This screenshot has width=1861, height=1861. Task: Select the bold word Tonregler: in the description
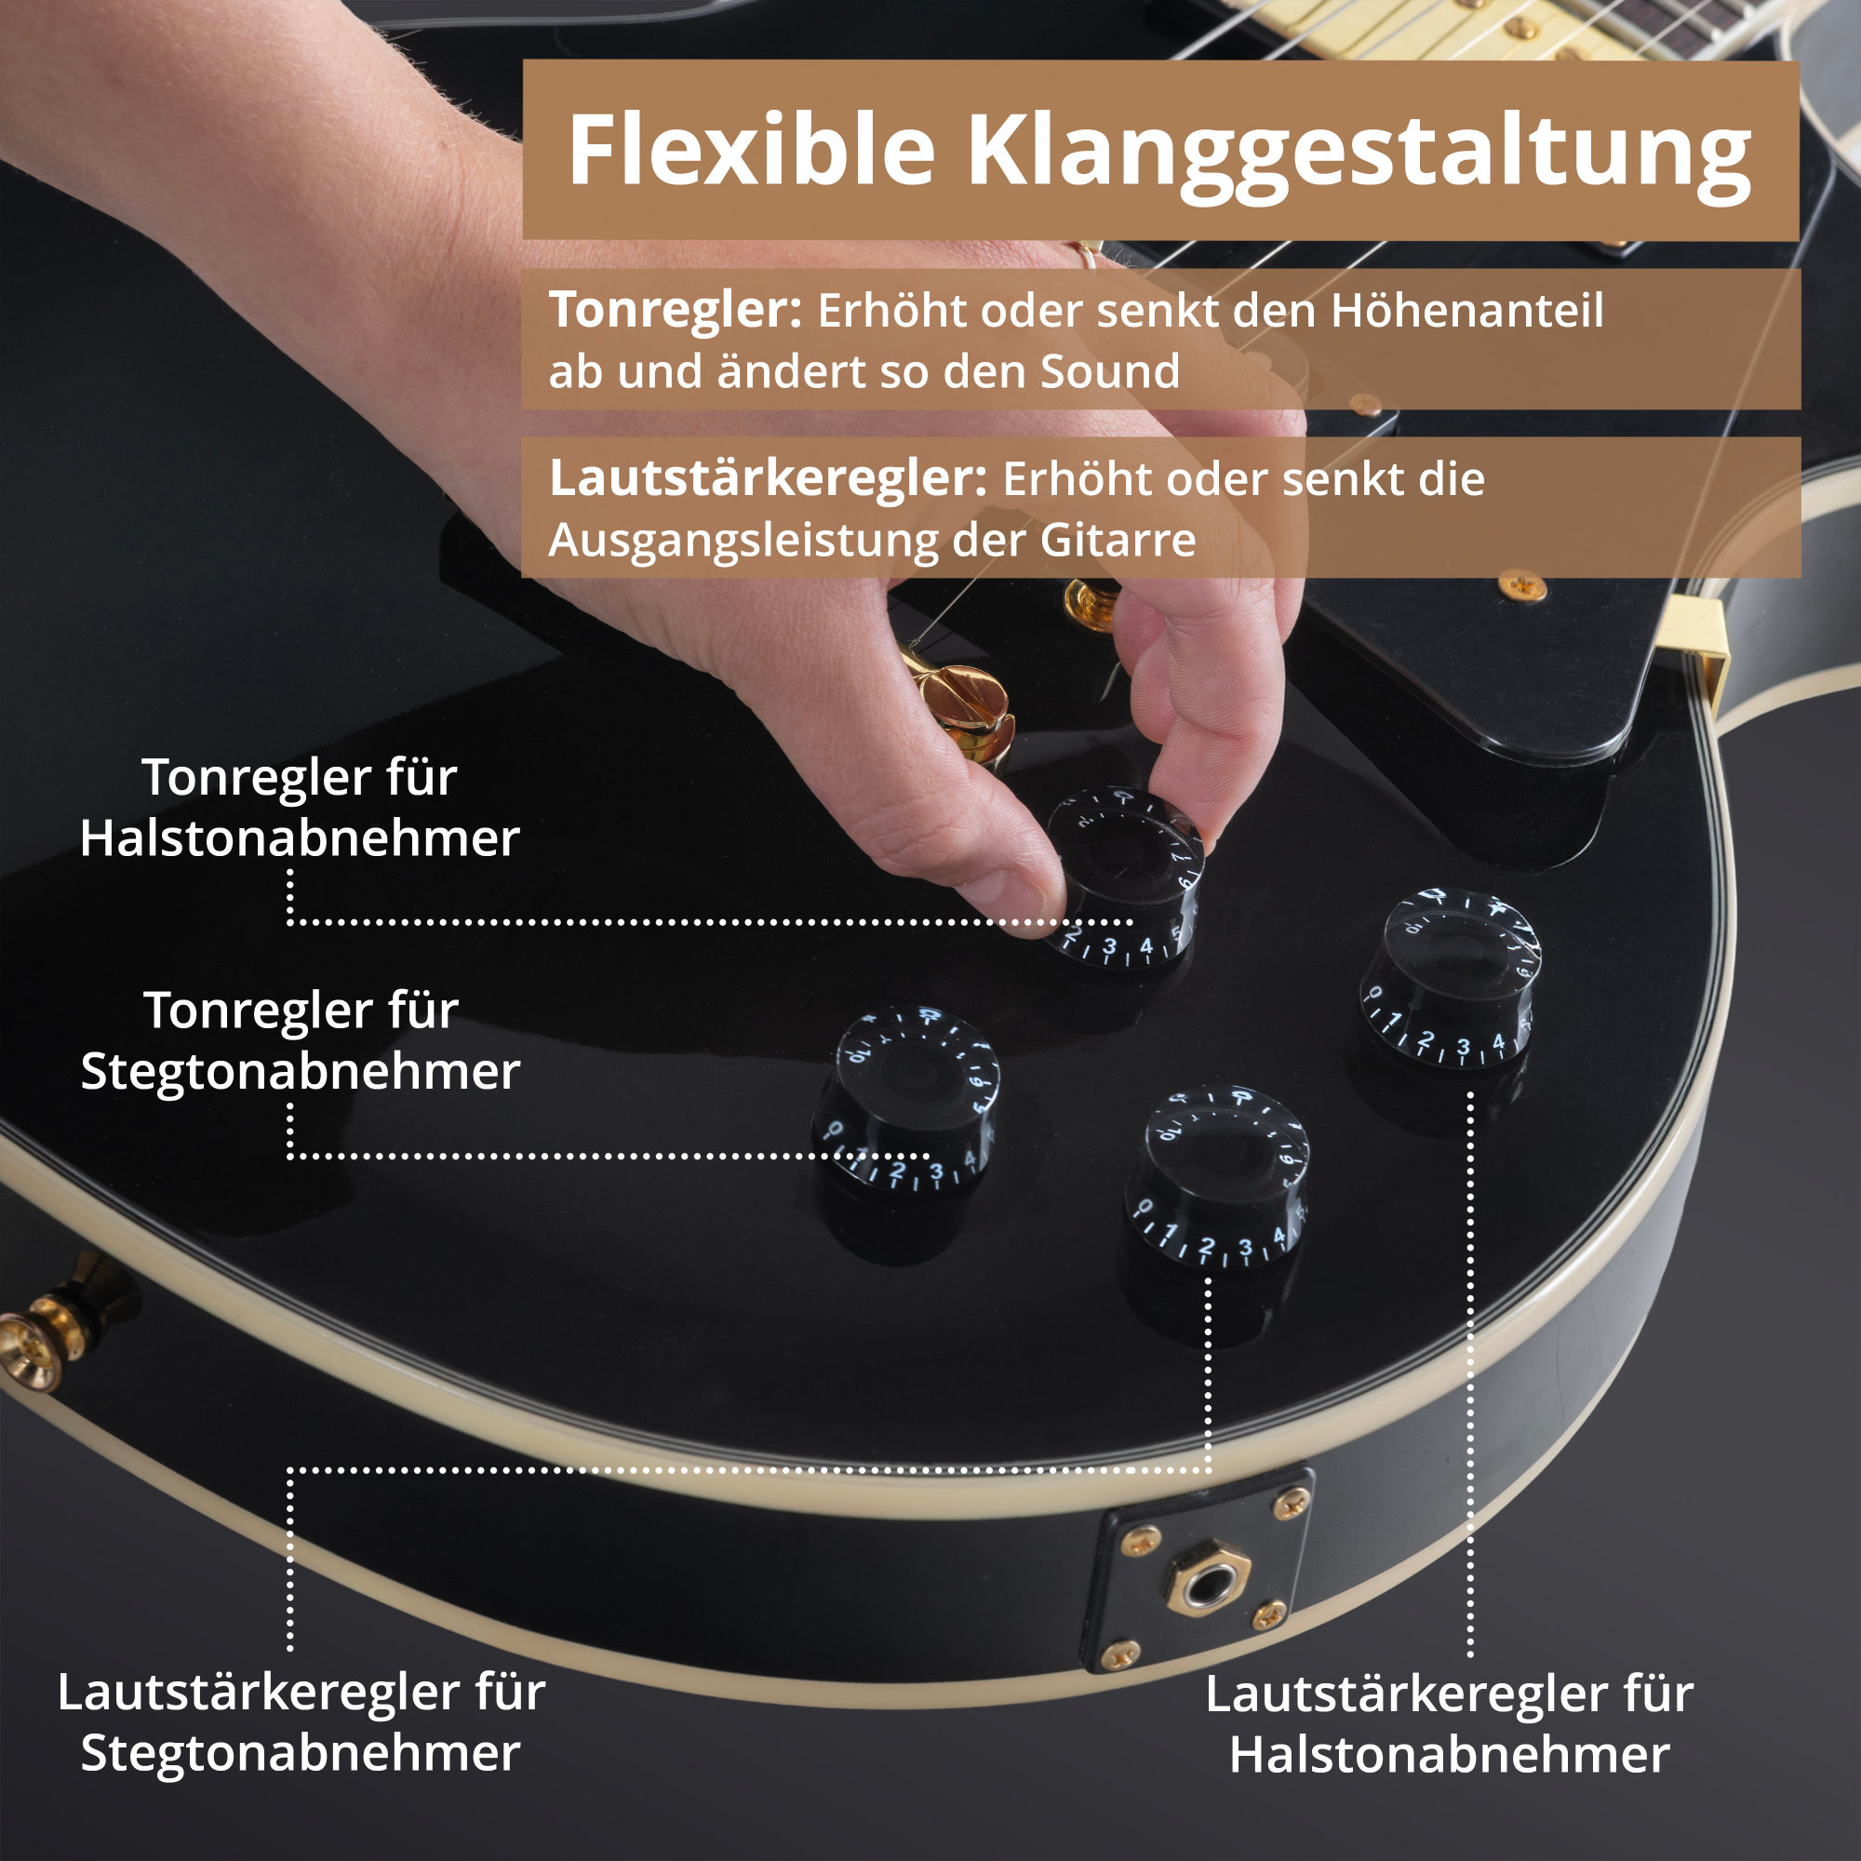[x=676, y=311]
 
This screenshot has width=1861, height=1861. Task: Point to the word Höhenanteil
[x=1467, y=311]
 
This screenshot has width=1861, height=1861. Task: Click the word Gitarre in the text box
[x=1118, y=541]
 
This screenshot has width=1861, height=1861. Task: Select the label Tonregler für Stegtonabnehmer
[x=301, y=1040]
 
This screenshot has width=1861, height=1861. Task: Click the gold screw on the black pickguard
[x=1523, y=583]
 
